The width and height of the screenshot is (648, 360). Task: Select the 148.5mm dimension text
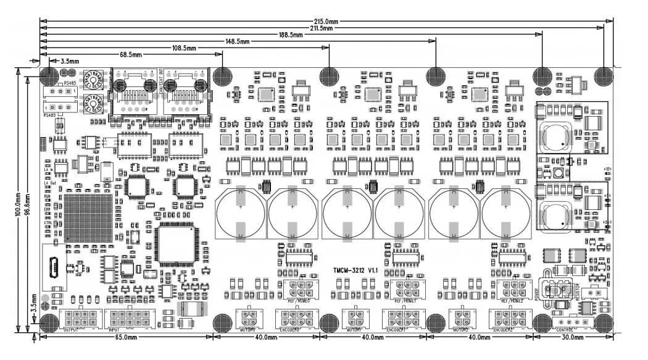click(x=238, y=41)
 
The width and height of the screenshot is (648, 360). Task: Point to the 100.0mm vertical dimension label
click(x=18, y=204)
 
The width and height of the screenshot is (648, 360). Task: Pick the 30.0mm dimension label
click(x=570, y=338)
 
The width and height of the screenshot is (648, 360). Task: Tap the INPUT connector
click(x=130, y=319)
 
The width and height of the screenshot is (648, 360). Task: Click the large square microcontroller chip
click(x=175, y=243)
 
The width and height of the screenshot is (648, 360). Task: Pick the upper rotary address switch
click(x=94, y=80)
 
